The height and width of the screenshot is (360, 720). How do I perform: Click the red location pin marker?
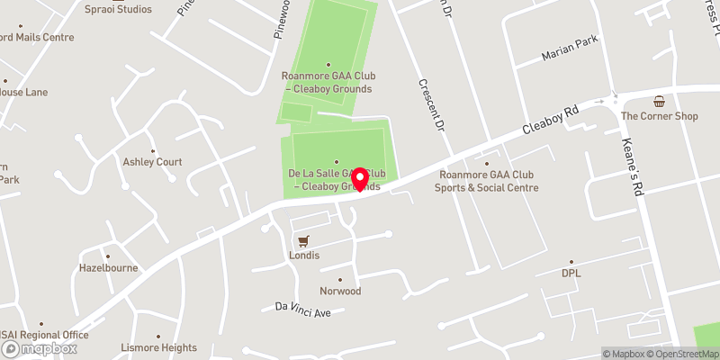pos(361,179)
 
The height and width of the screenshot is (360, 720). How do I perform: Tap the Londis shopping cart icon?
pos(303,240)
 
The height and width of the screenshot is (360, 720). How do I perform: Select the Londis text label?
pos(303,256)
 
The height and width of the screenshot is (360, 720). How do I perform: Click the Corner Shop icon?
pos(660,102)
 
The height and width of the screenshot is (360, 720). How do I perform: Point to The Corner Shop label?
pos(660,116)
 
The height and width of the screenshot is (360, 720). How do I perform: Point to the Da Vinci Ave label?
pos(303,308)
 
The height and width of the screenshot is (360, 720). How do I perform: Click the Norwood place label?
pos(340,292)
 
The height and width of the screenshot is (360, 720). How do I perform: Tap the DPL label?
pos(572,274)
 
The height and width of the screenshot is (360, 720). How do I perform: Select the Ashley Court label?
pos(153,162)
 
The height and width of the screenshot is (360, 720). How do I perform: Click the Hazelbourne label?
pos(107,268)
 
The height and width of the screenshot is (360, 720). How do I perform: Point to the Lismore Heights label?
pos(158,347)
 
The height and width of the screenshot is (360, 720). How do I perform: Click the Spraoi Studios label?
pos(118,9)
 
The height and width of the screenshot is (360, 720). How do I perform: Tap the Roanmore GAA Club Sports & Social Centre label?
pos(487,182)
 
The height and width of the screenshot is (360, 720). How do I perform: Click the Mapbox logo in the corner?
pos(38,349)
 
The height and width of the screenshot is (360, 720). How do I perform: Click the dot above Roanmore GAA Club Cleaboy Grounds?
pos(328,64)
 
